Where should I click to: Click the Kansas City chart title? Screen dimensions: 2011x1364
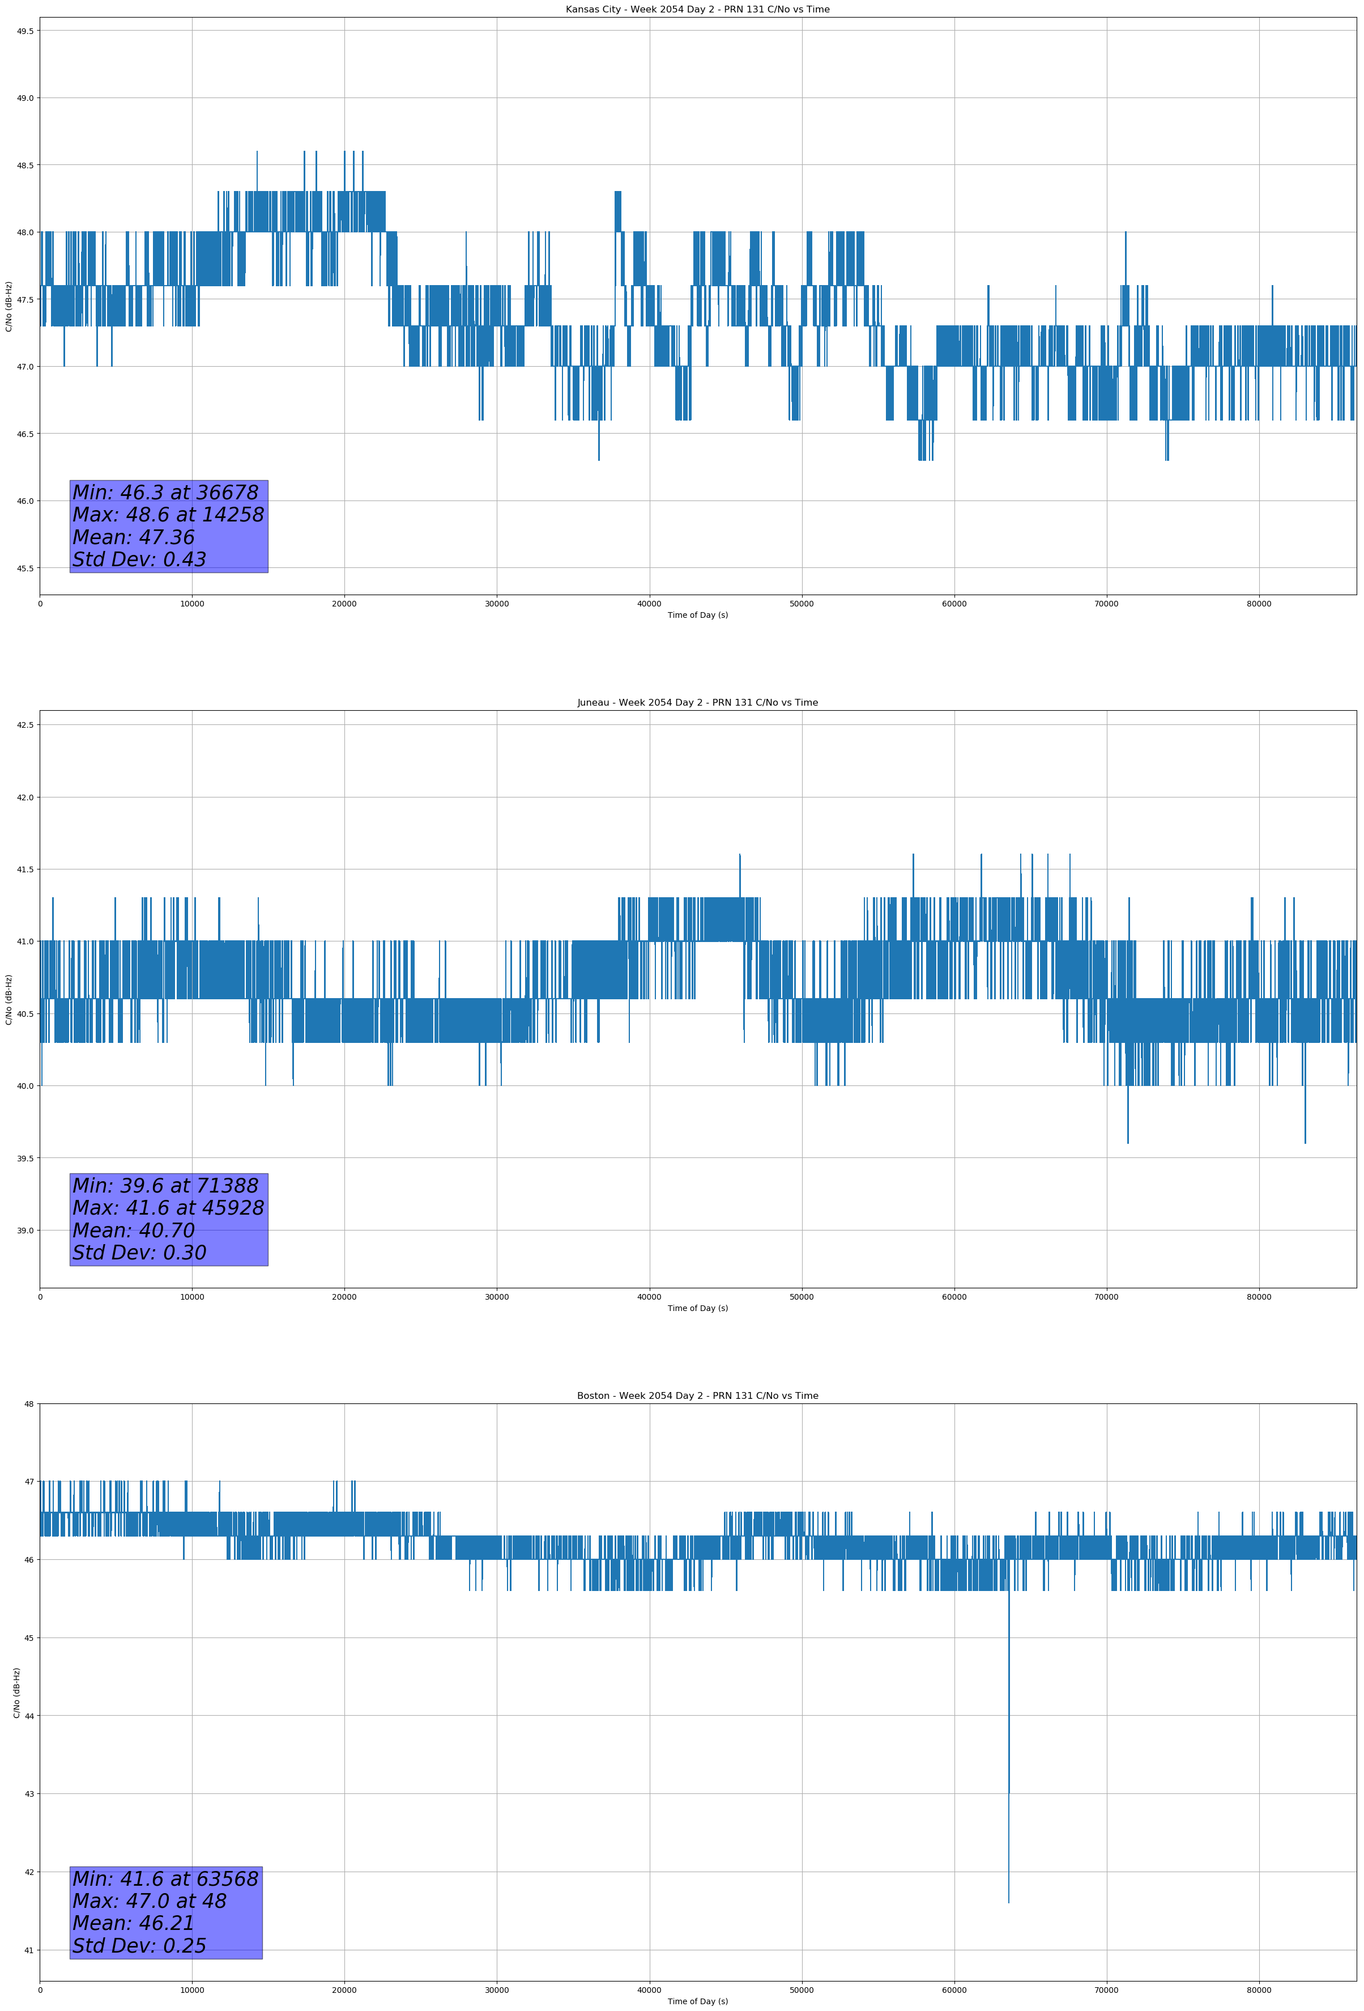pyautogui.click(x=697, y=10)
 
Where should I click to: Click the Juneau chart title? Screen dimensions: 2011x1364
pyautogui.click(x=697, y=703)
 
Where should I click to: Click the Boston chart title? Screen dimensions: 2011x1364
pyautogui.click(x=697, y=1396)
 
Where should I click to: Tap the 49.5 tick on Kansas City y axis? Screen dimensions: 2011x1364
pyautogui.click(x=25, y=31)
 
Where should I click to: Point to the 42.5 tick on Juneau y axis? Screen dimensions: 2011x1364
pyautogui.click(x=25, y=725)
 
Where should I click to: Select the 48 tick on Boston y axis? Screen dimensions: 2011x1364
pyautogui.click(x=29, y=1405)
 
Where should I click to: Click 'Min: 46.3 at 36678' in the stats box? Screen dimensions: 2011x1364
pyautogui.click(x=165, y=493)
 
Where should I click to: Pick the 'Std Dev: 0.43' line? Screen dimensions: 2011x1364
pyautogui.click(x=139, y=560)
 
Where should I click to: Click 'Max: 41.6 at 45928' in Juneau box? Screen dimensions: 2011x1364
pyautogui.click(x=168, y=1208)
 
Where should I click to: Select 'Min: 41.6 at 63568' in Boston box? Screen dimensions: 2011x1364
pyautogui.click(x=165, y=1878)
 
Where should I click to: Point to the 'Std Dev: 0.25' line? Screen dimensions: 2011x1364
pyautogui.click(x=139, y=1946)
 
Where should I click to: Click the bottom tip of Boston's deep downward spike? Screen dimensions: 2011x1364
pyautogui.click(x=1008, y=1902)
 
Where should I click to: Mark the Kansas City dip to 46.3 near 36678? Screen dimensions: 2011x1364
pyautogui.click(x=599, y=460)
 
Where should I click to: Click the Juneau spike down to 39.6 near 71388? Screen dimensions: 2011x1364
pyautogui.click(x=1128, y=1142)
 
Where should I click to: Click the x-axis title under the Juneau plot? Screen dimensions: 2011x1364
pyautogui.click(x=697, y=1308)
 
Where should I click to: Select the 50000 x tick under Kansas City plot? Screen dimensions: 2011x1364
pyautogui.click(x=802, y=604)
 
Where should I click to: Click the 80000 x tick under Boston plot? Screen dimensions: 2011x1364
pyautogui.click(x=1259, y=1989)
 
